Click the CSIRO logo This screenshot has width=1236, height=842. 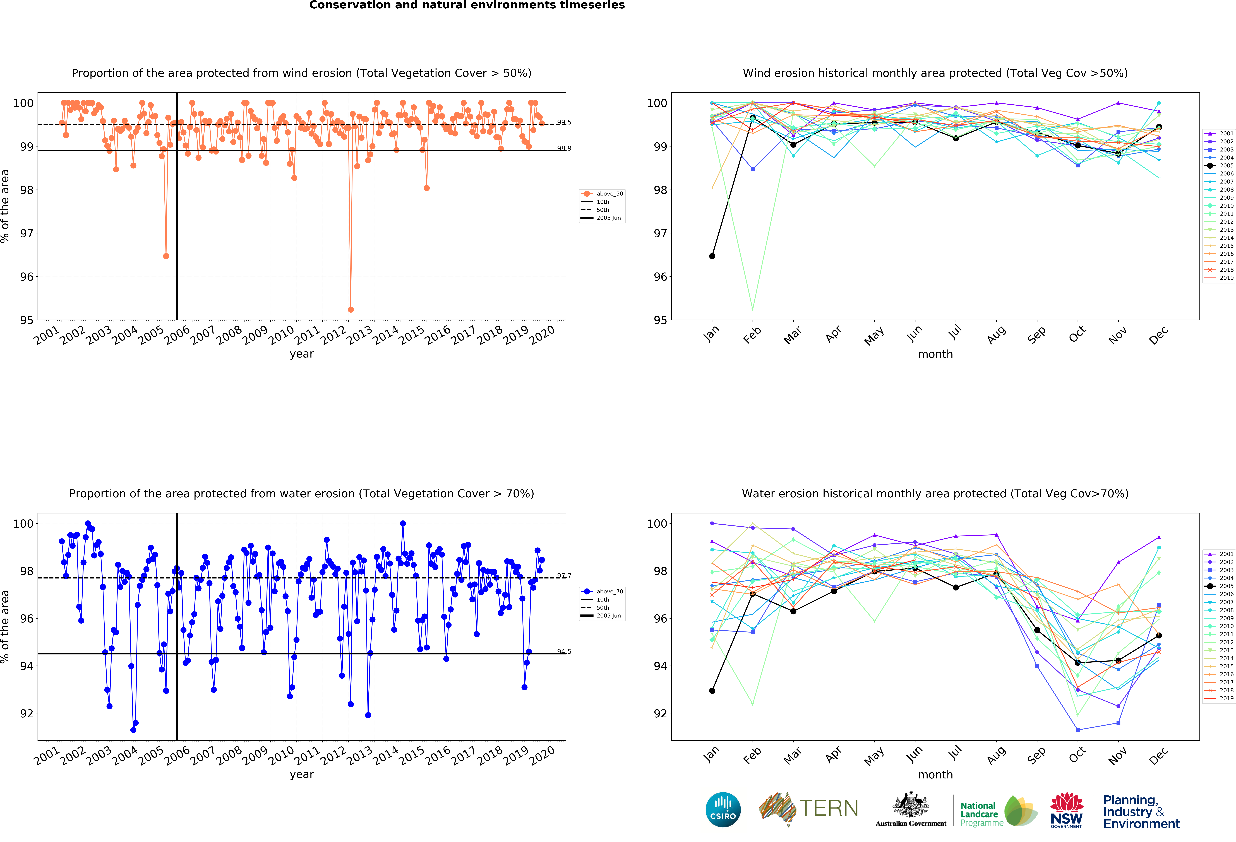click(x=723, y=810)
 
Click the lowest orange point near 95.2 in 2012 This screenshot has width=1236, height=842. click(x=351, y=309)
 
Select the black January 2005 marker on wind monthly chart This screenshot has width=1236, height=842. click(x=712, y=256)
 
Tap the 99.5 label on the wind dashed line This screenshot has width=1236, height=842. click(x=564, y=122)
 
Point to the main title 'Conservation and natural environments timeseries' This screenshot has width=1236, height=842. click(x=467, y=5)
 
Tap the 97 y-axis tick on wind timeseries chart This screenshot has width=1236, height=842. click(x=27, y=233)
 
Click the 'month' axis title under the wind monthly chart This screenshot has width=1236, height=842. click(x=935, y=354)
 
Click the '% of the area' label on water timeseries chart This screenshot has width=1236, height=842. click(x=5, y=626)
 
